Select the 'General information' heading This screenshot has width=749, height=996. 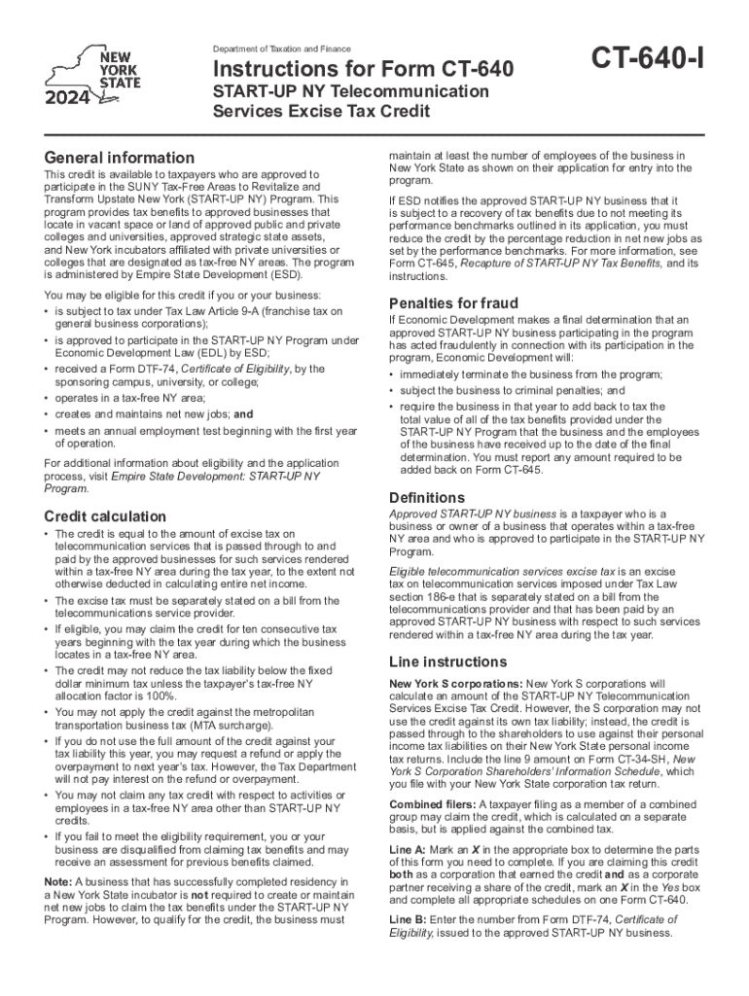120,158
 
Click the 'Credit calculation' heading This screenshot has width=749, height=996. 105,516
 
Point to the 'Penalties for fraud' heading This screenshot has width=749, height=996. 453,302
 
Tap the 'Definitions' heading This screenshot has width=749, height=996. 427,497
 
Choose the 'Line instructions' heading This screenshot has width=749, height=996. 443,661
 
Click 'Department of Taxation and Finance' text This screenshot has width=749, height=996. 282,49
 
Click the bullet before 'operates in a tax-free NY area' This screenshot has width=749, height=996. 48,397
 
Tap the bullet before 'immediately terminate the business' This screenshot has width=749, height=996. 392,374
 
